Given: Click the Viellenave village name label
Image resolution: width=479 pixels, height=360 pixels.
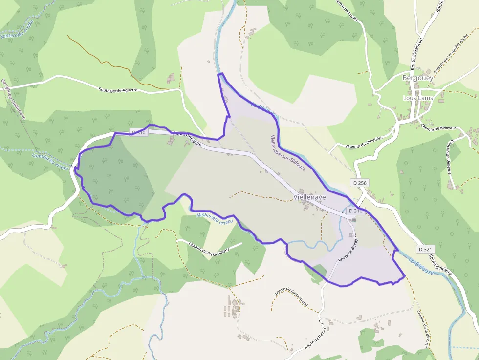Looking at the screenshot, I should (x=310, y=197).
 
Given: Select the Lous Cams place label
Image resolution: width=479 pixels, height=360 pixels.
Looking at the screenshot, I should (x=418, y=98).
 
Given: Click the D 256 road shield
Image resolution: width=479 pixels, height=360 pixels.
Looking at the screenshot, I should (x=359, y=183).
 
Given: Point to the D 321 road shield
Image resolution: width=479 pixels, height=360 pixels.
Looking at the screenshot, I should (x=426, y=249).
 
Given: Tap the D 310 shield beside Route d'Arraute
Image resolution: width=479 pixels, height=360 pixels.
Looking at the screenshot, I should (x=139, y=132).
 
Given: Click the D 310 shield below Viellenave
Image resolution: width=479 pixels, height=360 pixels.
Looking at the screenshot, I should (x=355, y=211).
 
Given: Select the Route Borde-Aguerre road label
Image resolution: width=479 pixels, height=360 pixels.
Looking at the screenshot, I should (x=118, y=90).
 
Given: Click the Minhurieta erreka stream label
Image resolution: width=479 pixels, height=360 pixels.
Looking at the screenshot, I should (x=215, y=218).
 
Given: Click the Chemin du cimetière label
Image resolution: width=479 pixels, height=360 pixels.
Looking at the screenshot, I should (x=364, y=142).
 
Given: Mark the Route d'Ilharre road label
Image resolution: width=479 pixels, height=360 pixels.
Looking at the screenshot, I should (x=444, y=276).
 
